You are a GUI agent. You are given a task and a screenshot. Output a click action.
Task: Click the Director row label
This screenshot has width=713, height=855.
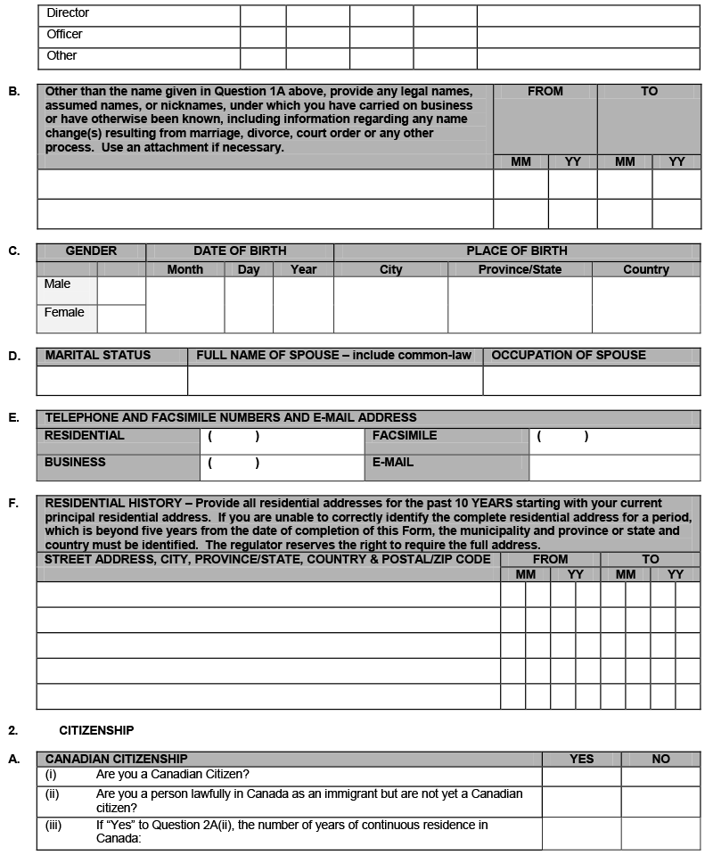68,13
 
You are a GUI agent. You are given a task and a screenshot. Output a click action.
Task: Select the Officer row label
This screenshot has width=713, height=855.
64,34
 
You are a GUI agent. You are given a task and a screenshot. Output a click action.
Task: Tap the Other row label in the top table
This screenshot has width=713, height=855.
61,55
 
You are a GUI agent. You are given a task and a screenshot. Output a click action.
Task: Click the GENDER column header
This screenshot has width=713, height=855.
91,251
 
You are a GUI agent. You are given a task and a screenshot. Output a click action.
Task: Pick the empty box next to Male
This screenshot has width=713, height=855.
121,291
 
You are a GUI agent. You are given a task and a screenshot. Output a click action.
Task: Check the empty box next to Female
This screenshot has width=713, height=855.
121,318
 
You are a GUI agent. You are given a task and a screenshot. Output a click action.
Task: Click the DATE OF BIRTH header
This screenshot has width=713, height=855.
240,251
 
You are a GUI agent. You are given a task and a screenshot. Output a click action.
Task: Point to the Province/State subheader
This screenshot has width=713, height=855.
520,269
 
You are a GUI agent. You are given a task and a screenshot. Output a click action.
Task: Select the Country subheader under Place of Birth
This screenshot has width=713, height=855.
646,269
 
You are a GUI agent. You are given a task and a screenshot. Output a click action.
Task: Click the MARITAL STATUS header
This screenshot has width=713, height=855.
98,355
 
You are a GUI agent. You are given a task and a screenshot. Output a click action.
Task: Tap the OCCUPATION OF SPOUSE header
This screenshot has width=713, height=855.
569,355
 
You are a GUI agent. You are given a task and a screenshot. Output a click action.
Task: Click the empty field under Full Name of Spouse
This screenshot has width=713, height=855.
335,381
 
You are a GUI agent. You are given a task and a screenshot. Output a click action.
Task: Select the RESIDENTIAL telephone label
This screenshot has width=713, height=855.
85,435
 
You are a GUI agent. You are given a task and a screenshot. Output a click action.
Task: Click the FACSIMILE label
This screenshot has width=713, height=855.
405,435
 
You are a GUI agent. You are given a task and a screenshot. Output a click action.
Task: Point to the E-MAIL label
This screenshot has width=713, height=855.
393,462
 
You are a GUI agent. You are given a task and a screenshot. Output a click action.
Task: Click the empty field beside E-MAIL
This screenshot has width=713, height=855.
614,468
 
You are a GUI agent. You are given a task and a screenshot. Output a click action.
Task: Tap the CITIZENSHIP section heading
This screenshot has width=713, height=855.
96,730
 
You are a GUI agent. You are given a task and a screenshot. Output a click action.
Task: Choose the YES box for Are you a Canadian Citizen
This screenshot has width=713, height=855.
581,777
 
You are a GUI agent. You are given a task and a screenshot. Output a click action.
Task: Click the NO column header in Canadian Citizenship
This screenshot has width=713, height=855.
660,759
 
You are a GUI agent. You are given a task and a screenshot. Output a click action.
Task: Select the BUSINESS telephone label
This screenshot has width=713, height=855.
75,462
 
